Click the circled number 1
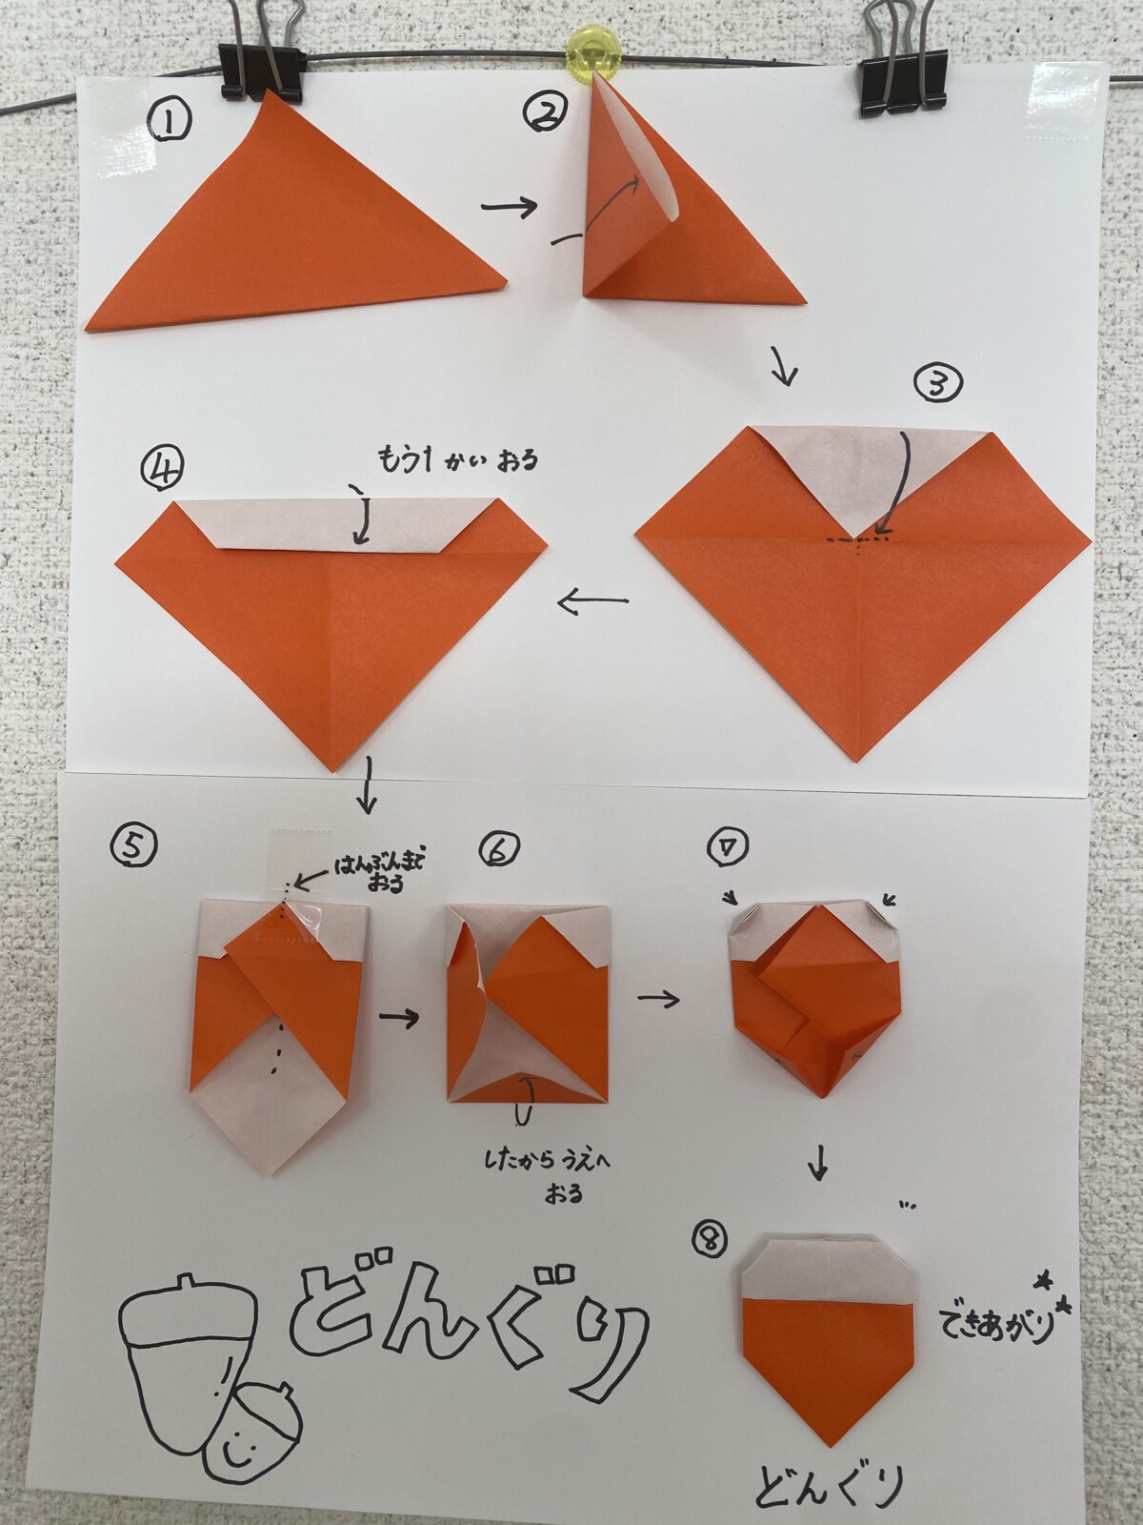(170, 124)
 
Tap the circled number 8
(710, 1240)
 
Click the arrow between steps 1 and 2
(510, 206)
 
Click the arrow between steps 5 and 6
(399, 1018)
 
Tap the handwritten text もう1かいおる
(458, 460)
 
